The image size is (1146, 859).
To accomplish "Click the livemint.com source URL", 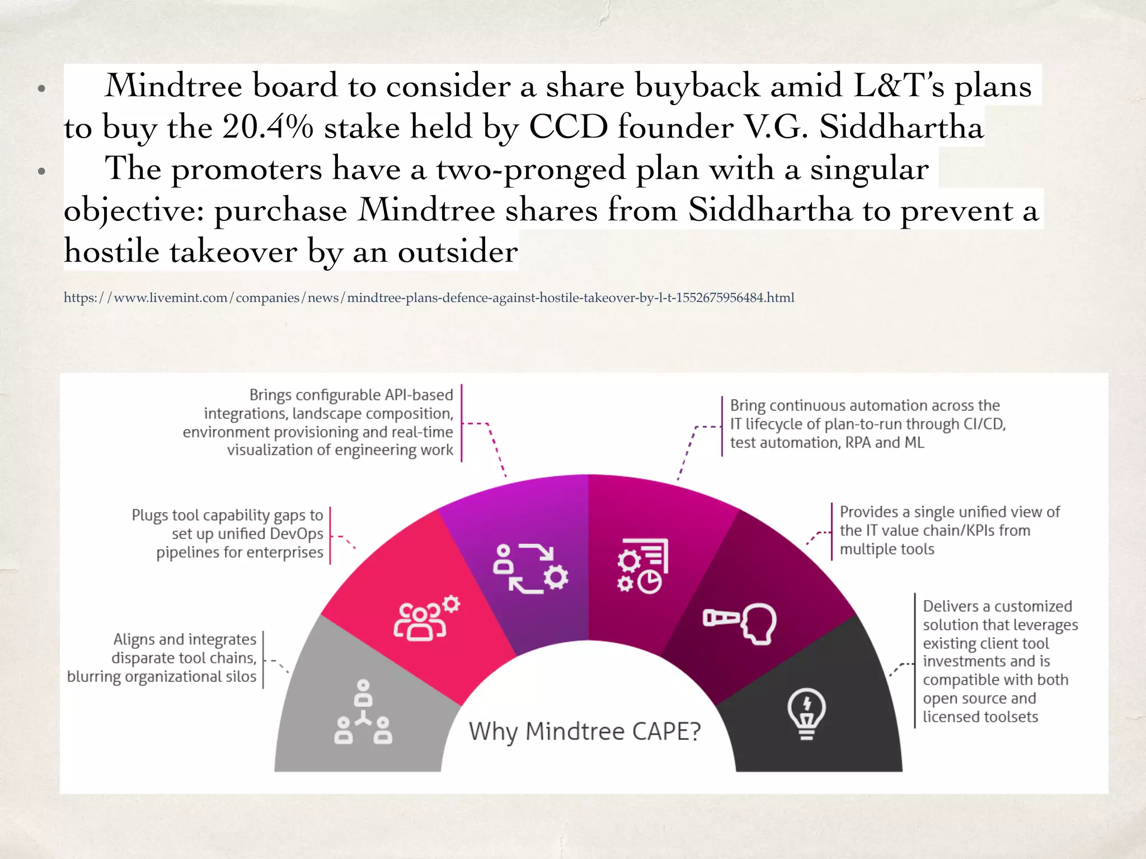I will coord(429,298).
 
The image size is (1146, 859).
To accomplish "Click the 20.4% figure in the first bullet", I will coord(267,127).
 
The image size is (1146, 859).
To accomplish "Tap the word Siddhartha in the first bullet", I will coord(901,127).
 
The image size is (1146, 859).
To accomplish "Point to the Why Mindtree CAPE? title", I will coord(585,731).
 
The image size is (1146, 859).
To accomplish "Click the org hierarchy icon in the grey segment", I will coord(363,712).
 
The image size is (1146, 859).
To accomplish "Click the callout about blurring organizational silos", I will coord(162,658).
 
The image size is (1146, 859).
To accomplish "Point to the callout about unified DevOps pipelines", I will coord(228,534).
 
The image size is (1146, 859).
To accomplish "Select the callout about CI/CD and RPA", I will coord(867,424).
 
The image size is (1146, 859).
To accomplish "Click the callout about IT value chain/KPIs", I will coord(949,530).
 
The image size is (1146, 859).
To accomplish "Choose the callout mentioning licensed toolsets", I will coord(1000,661).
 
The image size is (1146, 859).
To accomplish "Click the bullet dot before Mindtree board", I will coord(41,88).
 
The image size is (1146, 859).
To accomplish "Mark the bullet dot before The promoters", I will coord(41,171).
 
